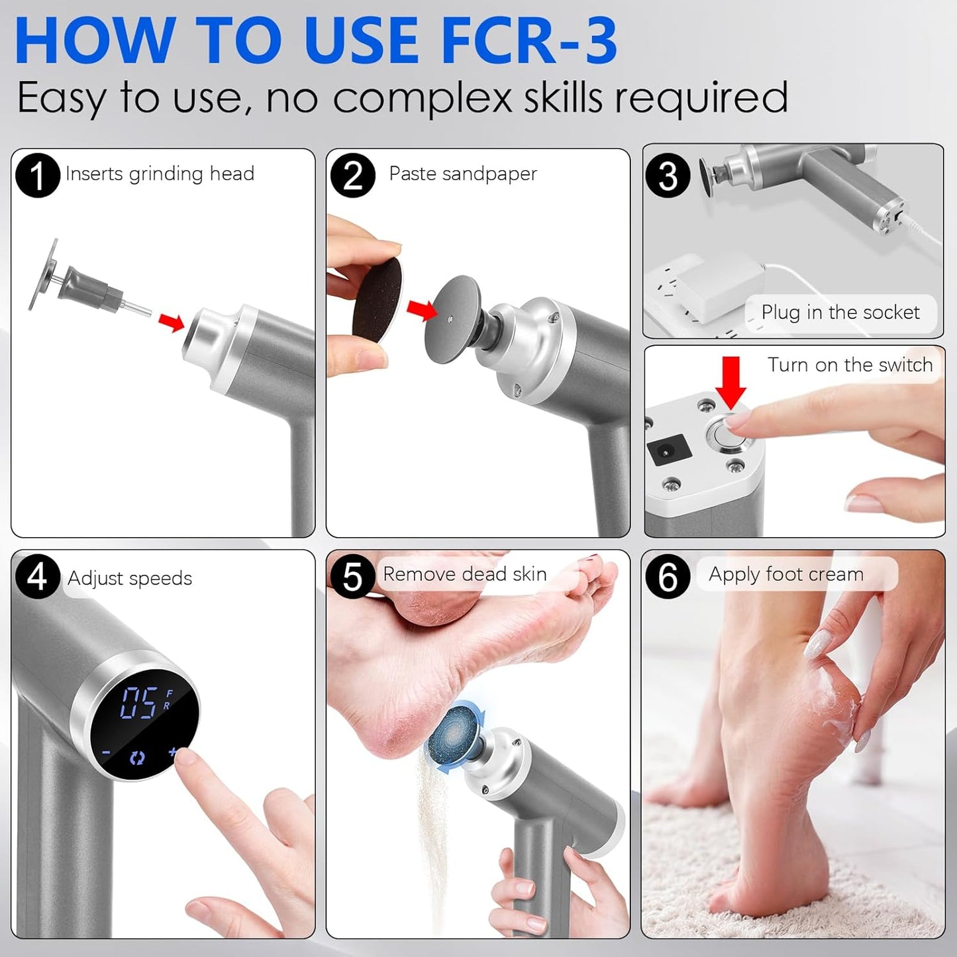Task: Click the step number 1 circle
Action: [x=38, y=176]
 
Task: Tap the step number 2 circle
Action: [x=353, y=176]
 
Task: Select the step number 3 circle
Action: [x=668, y=176]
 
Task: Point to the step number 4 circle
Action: [x=38, y=576]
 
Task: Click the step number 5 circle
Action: [x=353, y=576]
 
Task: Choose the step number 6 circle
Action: [x=668, y=576]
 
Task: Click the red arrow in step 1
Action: [x=172, y=323]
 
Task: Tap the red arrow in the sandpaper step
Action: [x=421, y=309]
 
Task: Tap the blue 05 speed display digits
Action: [x=139, y=703]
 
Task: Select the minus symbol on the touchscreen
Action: [x=106, y=753]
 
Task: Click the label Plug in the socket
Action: [x=840, y=313]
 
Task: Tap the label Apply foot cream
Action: [x=786, y=574]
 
